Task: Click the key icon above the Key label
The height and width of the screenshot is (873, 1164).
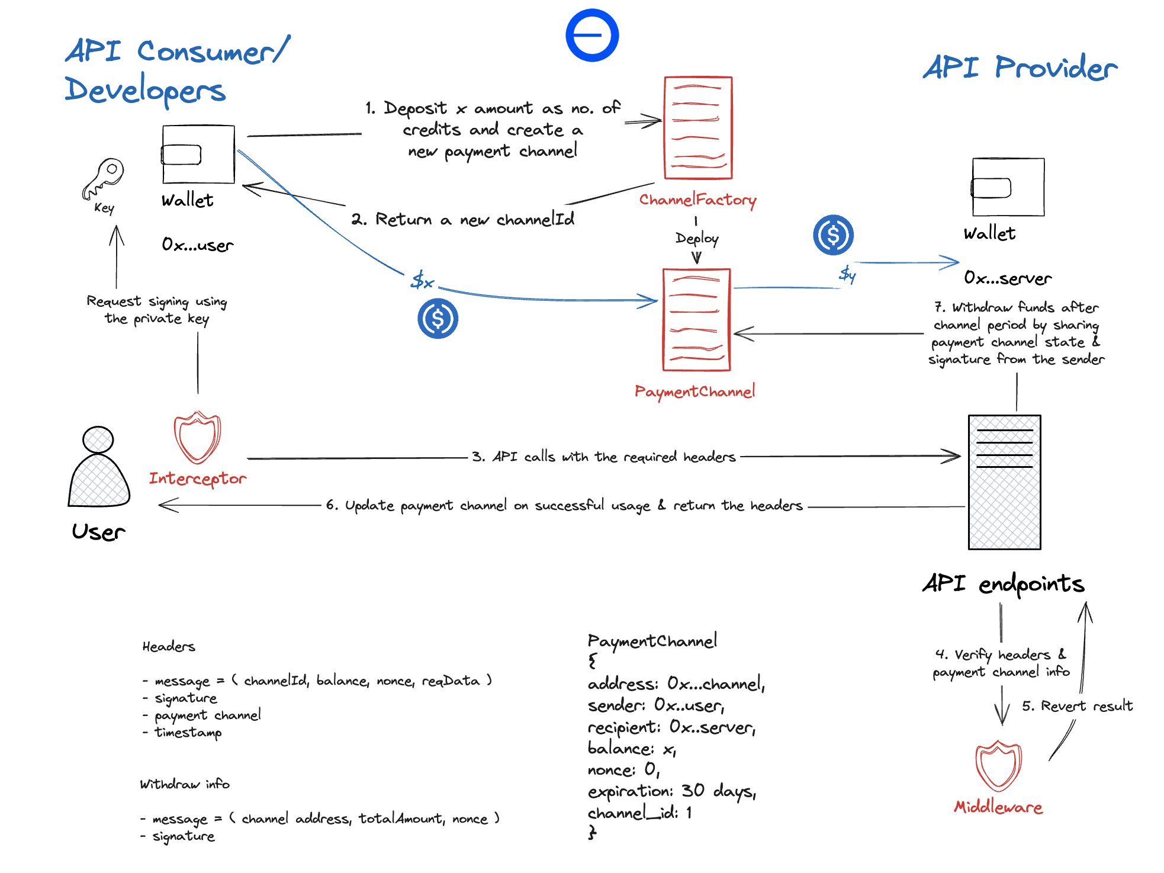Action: [104, 178]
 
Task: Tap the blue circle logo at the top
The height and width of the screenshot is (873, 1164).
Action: [592, 35]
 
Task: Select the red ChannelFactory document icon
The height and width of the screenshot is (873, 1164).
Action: [698, 128]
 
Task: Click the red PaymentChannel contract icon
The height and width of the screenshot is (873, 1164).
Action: [696, 320]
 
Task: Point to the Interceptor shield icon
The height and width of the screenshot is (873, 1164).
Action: [197, 438]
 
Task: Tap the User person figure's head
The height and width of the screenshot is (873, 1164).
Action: [98, 439]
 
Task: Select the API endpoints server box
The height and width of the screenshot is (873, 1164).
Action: [1004, 482]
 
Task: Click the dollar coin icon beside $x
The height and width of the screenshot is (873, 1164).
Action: [438, 319]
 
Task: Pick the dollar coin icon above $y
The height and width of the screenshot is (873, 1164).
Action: [833, 235]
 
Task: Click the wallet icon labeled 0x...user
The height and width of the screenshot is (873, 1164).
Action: [198, 155]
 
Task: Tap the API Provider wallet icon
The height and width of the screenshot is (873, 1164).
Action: [1008, 187]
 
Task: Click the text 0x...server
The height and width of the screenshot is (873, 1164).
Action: [1008, 278]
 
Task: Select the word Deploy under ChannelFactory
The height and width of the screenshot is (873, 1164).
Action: [697, 238]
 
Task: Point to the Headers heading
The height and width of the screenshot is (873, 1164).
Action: [169, 647]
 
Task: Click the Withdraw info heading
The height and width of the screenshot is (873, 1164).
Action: [185, 784]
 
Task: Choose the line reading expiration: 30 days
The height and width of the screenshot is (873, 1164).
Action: [671, 791]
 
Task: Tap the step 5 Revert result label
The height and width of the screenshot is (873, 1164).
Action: [1077, 706]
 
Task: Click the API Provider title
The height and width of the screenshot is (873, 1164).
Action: [1020, 68]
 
